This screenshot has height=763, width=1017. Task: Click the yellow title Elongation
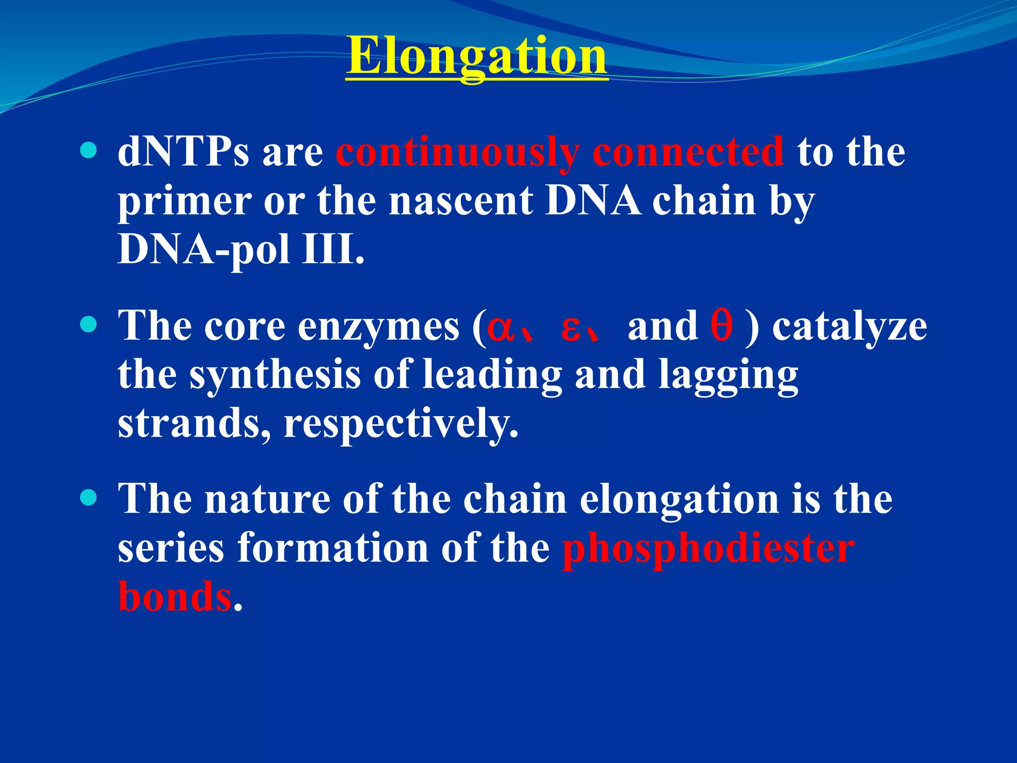click(476, 56)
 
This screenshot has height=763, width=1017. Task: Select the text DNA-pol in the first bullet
click(204, 249)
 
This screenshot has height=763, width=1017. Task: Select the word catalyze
click(850, 327)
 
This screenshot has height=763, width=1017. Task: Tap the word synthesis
click(275, 376)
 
